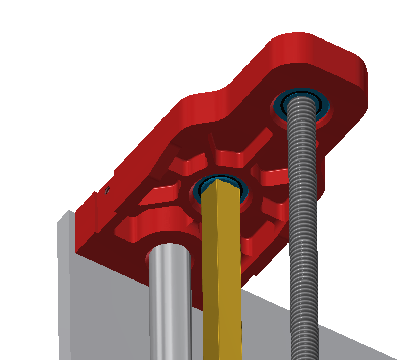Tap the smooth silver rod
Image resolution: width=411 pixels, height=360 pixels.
click(170, 304)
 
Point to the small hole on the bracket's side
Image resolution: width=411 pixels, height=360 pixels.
click(108, 191)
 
